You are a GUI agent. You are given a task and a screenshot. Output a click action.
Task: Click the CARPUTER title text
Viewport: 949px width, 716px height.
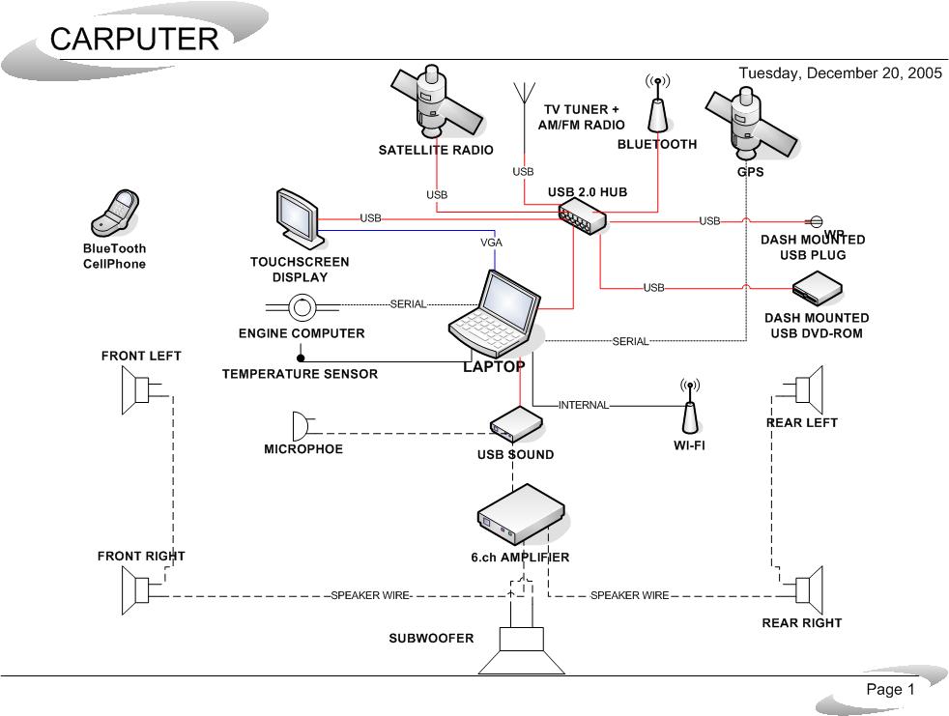(134, 39)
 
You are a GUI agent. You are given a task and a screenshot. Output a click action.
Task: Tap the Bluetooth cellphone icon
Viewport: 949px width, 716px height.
(116, 213)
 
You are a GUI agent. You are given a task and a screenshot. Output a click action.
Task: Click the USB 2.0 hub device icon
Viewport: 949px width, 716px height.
(583, 215)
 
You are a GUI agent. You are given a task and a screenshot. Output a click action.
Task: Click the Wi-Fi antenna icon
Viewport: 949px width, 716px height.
(689, 407)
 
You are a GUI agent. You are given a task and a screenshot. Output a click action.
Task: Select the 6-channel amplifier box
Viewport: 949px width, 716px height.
(521, 516)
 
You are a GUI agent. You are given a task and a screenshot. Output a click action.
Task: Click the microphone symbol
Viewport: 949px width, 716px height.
(301, 425)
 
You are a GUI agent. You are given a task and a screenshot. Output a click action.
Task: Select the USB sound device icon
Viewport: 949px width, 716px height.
(515, 423)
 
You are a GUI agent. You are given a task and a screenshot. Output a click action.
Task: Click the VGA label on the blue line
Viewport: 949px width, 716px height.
(491, 243)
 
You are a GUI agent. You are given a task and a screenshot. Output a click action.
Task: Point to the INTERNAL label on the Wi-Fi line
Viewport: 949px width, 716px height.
(584, 405)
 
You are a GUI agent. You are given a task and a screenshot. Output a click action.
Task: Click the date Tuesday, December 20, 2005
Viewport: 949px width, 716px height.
(840, 73)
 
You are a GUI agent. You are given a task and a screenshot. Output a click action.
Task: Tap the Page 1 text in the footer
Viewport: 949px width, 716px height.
(890, 689)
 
